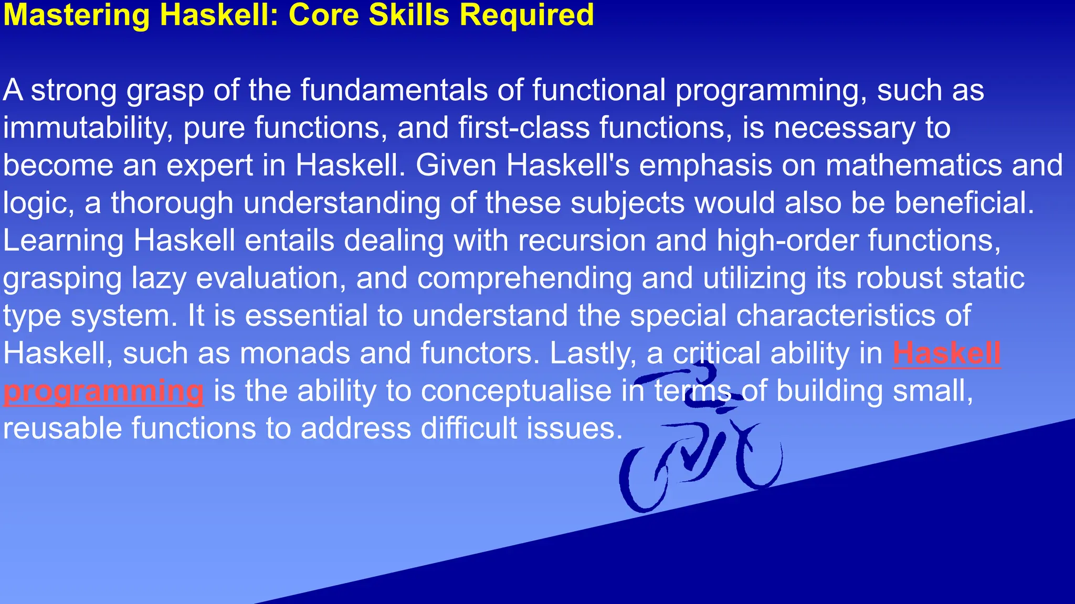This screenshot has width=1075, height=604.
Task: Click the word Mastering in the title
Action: [77, 15]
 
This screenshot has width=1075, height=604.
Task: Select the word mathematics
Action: [914, 166]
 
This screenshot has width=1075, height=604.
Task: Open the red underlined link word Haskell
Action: [946, 353]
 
